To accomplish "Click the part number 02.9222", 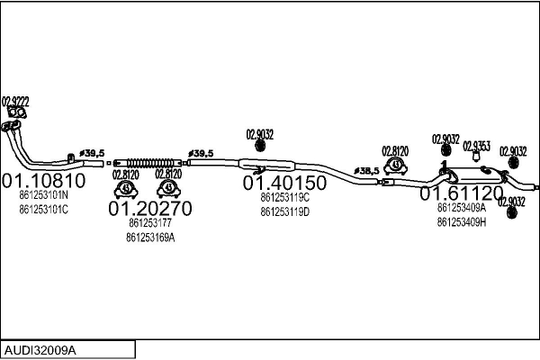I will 15,101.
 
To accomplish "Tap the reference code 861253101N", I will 44,195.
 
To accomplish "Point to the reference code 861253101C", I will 44,210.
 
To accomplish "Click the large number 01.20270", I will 150,209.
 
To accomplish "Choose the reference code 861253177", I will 150,223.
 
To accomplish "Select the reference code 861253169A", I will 150,238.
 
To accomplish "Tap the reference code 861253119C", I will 284,197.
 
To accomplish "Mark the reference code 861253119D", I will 284,211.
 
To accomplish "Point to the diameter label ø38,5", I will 366,169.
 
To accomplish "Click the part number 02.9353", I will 476,146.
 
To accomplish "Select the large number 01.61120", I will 462,193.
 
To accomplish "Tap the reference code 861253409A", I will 462,207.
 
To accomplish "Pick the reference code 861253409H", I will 462,221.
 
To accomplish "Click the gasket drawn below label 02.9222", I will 16,113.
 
